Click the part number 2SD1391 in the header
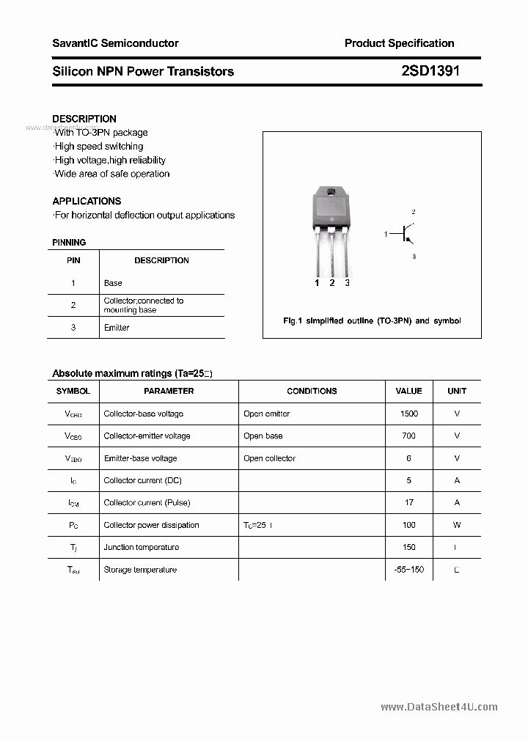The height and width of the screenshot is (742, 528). (430, 71)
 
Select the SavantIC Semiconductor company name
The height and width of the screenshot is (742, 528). (115, 43)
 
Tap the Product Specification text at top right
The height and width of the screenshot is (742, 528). (399, 43)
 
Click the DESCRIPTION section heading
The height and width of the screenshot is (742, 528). (84, 119)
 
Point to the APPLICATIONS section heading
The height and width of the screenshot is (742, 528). (87, 201)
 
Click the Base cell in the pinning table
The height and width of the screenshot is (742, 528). (113, 283)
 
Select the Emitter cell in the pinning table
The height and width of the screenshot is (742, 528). (117, 328)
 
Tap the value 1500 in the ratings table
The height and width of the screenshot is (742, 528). (408, 414)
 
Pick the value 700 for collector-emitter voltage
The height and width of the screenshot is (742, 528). (408, 436)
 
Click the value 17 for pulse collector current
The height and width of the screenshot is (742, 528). (408, 502)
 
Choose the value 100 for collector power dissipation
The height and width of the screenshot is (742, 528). (408, 525)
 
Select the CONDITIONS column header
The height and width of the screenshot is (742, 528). (312, 392)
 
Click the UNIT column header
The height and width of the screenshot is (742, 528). (456, 392)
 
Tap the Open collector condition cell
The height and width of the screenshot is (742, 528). (269, 458)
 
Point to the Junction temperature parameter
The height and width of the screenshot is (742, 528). (140, 547)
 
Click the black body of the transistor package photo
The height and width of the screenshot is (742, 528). (331, 209)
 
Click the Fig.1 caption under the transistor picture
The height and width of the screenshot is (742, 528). (372, 321)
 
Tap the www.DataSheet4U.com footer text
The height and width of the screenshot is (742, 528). (439, 707)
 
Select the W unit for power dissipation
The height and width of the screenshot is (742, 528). (456, 525)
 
